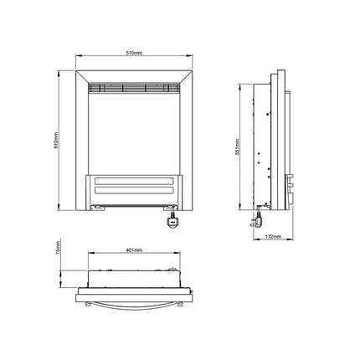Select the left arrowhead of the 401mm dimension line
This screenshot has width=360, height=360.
[x=90, y=255]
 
